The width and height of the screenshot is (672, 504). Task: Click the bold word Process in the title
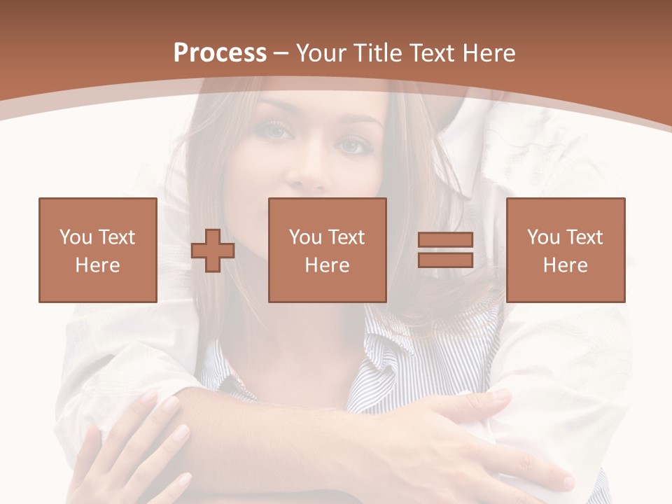(220, 53)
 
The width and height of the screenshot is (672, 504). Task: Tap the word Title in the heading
(376, 53)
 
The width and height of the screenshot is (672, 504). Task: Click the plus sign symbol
(213, 251)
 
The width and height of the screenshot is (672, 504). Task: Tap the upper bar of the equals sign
(445, 240)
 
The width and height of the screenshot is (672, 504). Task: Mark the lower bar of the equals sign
(445, 260)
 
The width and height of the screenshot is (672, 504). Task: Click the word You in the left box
(75, 237)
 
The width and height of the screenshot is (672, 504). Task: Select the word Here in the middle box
(328, 265)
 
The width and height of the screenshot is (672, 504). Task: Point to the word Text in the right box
(587, 237)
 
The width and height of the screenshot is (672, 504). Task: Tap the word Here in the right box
(566, 265)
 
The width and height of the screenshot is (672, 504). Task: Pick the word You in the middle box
(305, 237)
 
